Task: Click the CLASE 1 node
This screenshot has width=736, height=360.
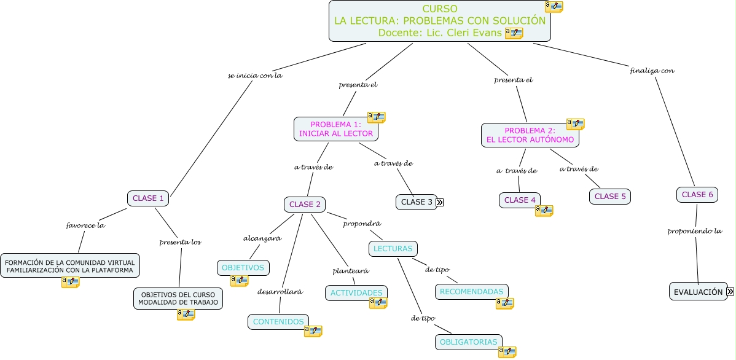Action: tap(148, 198)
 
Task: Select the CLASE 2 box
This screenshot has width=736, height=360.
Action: tap(304, 204)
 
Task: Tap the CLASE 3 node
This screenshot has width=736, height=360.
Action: tap(417, 202)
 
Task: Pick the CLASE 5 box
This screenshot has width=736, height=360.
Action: tap(610, 197)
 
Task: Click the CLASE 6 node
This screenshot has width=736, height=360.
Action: tap(697, 194)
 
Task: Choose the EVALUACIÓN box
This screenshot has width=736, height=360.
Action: tap(698, 292)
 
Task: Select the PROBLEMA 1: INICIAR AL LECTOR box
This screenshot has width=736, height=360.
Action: tap(335, 129)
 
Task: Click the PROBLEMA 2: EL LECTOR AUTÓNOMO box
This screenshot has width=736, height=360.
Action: tap(530, 135)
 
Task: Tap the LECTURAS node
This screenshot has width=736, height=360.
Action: tap(393, 248)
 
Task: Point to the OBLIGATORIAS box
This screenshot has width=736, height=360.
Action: tap(468, 342)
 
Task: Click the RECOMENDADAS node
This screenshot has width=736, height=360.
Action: tap(471, 291)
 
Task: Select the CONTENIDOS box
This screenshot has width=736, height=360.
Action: tap(278, 321)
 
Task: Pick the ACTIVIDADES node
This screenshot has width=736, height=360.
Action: tap(356, 293)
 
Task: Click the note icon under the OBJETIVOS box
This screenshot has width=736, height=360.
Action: tap(239, 281)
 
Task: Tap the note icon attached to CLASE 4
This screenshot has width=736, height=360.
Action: tap(544, 211)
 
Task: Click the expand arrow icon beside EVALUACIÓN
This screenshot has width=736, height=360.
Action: tap(730, 292)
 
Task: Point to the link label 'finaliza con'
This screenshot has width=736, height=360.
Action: tap(652, 70)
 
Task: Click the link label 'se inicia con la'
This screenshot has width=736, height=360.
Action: tap(254, 76)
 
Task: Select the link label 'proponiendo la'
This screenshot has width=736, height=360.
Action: tap(694, 231)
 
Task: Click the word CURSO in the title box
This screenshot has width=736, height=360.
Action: tap(439, 9)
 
